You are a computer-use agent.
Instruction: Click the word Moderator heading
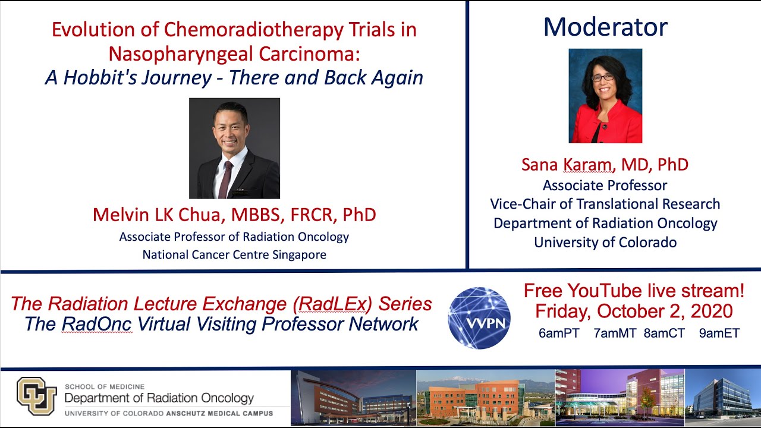coord(605,27)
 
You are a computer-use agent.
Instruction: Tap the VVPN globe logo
coord(479,317)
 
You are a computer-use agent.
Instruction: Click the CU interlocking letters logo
coord(37,396)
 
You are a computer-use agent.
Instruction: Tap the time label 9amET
coord(719,333)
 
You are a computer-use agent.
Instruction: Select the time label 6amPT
coord(558,333)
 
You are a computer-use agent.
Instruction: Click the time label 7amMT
coord(616,333)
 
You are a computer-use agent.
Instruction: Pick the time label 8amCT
coord(665,333)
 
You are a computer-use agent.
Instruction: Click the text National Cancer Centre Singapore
coord(234,255)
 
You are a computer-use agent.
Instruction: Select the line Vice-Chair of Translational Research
coord(605,204)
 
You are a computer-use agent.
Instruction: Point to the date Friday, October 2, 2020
coord(634,311)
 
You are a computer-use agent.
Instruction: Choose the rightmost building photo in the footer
coord(722,396)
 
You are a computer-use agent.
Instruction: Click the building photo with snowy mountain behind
coord(485,396)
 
